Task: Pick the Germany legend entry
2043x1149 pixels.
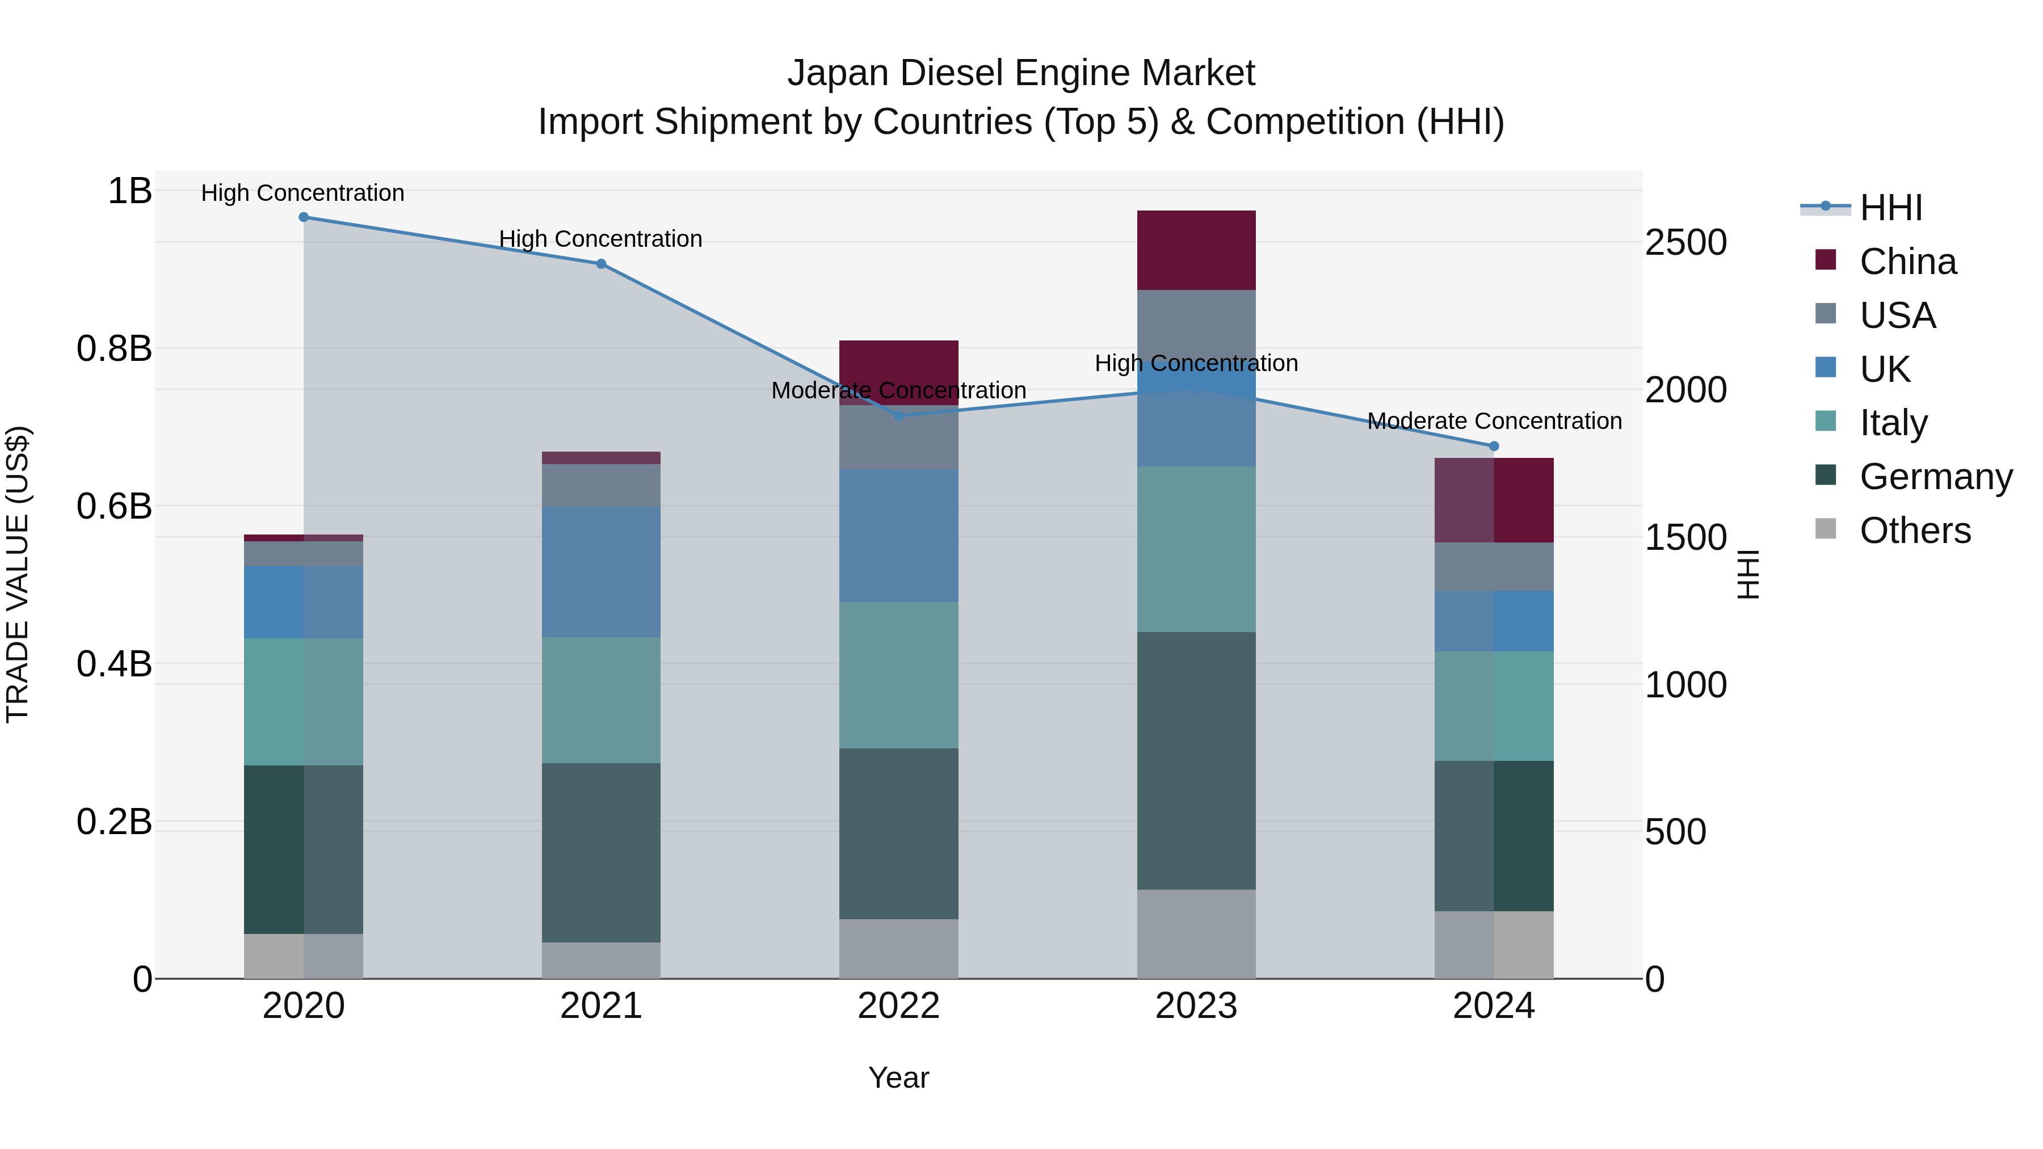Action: [1935, 477]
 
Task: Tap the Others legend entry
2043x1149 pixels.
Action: [1915, 531]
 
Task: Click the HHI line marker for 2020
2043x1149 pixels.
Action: [304, 217]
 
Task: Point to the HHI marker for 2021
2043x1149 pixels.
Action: [601, 264]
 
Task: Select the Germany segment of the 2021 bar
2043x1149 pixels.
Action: [601, 852]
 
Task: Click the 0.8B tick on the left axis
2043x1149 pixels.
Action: [114, 349]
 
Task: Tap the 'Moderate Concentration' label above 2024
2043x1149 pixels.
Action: [1494, 421]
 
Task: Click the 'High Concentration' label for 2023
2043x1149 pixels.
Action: [1196, 363]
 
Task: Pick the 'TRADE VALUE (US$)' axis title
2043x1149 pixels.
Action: [18, 575]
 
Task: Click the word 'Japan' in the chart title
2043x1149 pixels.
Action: [838, 74]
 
